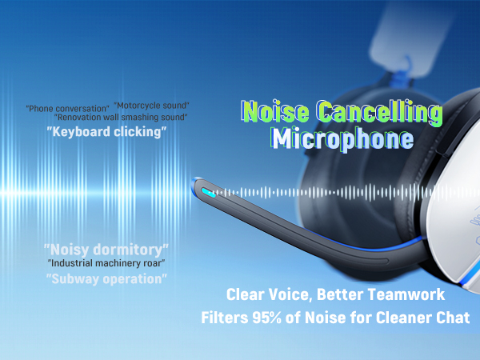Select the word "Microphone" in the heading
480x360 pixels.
point(342,138)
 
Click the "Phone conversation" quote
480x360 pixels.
point(67,108)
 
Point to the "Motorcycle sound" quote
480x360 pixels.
point(151,105)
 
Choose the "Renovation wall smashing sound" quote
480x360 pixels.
point(121,117)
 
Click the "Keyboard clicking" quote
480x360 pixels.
point(106,131)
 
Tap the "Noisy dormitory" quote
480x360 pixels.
point(106,248)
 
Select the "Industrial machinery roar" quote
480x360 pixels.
point(106,262)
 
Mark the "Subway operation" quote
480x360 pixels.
point(106,278)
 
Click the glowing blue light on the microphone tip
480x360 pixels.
point(207,192)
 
